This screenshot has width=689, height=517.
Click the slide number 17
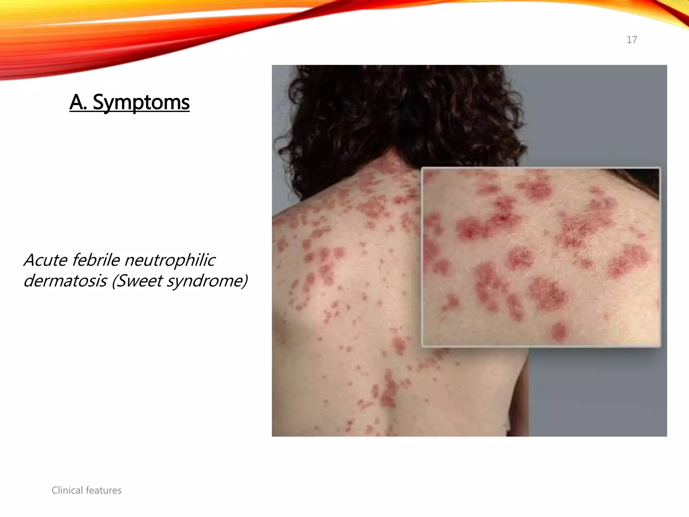tap(631, 40)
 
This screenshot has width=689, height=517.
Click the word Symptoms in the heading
tap(141, 102)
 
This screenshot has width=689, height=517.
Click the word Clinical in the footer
tap(67, 490)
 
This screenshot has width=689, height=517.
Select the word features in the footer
tap(104, 490)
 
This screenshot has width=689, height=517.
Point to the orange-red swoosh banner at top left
tap(101, 37)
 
